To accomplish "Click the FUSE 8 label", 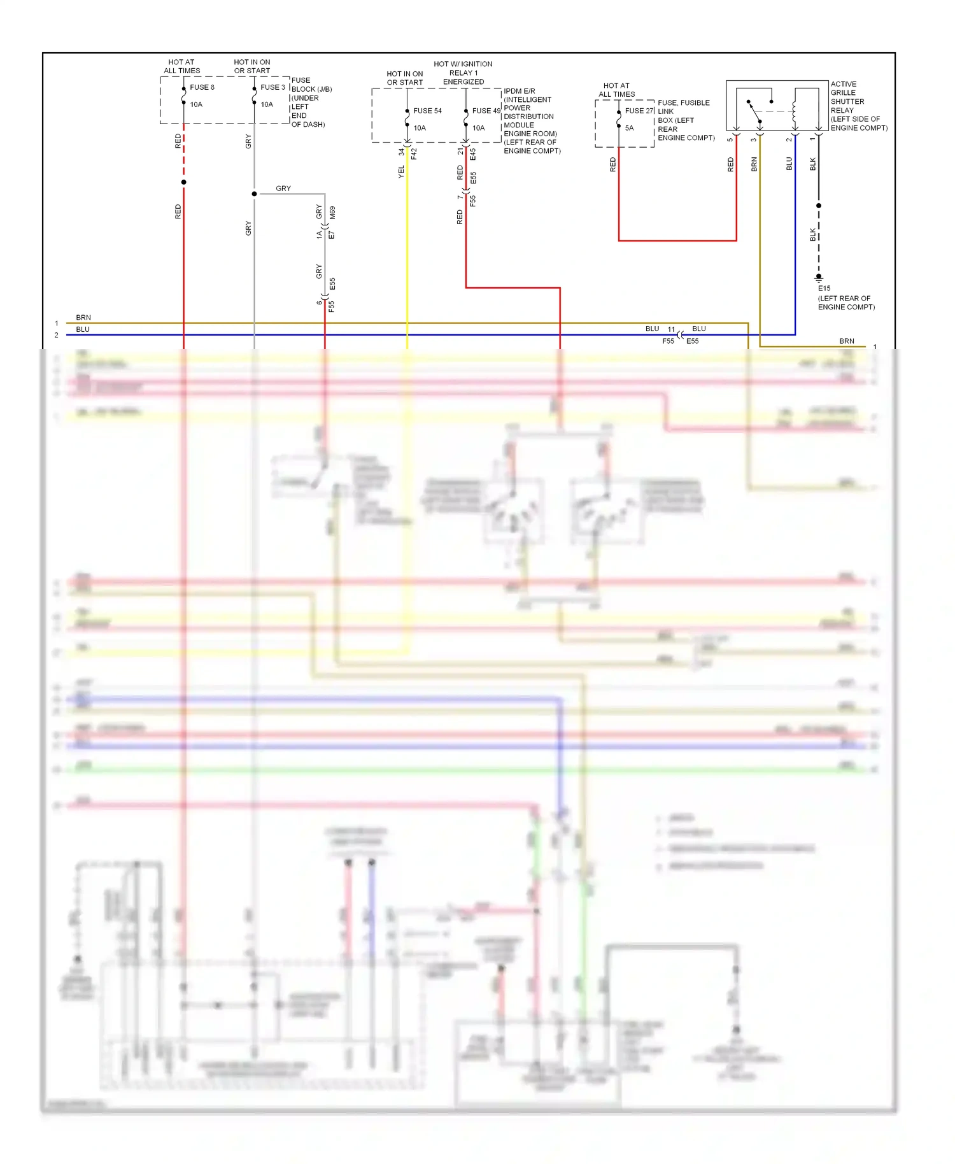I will pos(202,87).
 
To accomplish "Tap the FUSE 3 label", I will pos(272,87).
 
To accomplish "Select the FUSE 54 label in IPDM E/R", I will pos(427,111).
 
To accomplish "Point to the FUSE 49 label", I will pos(486,111).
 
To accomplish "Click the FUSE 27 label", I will pos(639,111).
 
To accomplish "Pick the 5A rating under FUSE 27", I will pos(629,128).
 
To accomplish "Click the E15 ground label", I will pos(824,288).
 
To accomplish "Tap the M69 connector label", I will pos(332,213).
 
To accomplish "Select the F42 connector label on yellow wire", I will pos(414,153).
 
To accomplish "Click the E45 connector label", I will pos(473,153).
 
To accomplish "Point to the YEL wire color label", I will pos(401,171).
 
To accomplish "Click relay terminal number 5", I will pos(730,139).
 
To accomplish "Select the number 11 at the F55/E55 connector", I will pos(671,329).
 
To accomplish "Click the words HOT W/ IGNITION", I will pos(463,64).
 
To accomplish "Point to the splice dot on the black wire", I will pos(819,206).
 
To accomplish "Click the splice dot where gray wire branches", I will pos(254,194).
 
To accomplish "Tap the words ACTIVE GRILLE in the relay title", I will pos(843,89).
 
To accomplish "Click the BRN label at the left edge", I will pos(83,317).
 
